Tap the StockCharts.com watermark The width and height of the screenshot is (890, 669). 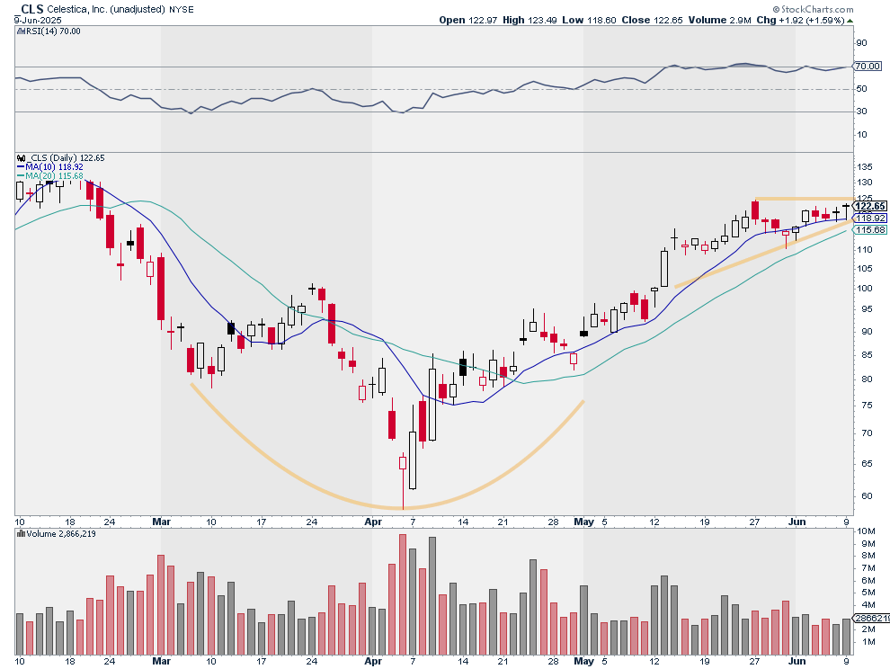pyautogui.click(x=813, y=9)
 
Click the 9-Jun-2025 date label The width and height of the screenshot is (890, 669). pyautogui.click(x=38, y=20)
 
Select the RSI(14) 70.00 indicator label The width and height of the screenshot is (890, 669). pyautogui.click(x=49, y=31)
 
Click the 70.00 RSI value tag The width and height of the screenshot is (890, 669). pyautogui.click(x=868, y=66)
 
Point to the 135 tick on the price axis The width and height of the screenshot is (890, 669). pyautogui.click(x=865, y=167)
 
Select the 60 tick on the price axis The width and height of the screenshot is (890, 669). pyautogui.click(x=862, y=495)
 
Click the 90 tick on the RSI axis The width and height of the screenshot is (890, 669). pyautogui.click(x=861, y=42)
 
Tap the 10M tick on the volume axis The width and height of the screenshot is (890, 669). pyautogui.click(x=865, y=531)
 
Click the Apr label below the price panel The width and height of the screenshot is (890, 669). pyautogui.click(x=373, y=522)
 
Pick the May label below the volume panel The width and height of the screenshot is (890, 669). pyautogui.click(x=583, y=661)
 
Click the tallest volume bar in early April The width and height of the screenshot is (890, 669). pyautogui.click(x=403, y=594)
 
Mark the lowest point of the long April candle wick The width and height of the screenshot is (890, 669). pyautogui.click(x=403, y=509)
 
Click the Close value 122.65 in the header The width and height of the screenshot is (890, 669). pyautogui.click(x=652, y=20)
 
